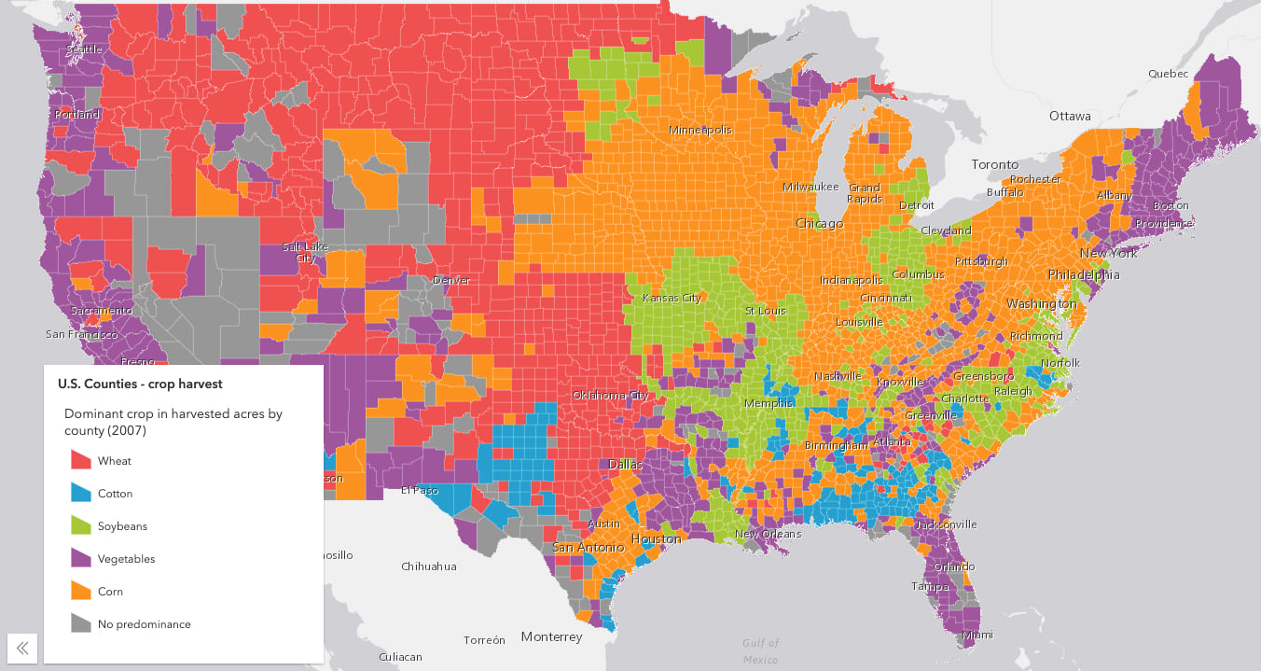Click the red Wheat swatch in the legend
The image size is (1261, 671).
pyautogui.click(x=81, y=460)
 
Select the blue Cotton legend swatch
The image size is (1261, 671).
pyautogui.click(x=81, y=493)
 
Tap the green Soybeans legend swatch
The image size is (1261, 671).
pyautogui.click(x=81, y=525)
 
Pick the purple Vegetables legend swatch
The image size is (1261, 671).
pyautogui.click(x=81, y=558)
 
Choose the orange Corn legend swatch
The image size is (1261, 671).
pyautogui.click(x=81, y=591)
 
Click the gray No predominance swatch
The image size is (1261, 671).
pyautogui.click(x=81, y=623)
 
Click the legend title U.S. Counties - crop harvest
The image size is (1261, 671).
pyautogui.click(x=140, y=384)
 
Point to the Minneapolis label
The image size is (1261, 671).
pyautogui.click(x=700, y=130)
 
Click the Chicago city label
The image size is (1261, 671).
pyautogui.click(x=819, y=224)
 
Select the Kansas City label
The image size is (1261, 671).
pyautogui.click(x=672, y=298)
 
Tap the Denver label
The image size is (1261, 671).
pyautogui.click(x=450, y=280)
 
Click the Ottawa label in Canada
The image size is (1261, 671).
pyautogui.click(x=1069, y=117)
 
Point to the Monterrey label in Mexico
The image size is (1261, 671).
pyautogui.click(x=551, y=636)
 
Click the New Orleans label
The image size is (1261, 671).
pyautogui.click(x=768, y=534)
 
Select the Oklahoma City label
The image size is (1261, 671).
pyautogui.click(x=610, y=395)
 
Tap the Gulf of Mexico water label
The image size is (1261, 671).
pyautogui.click(x=760, y=650)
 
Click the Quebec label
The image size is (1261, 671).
pyautogui.click(x=1168, y=74)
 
